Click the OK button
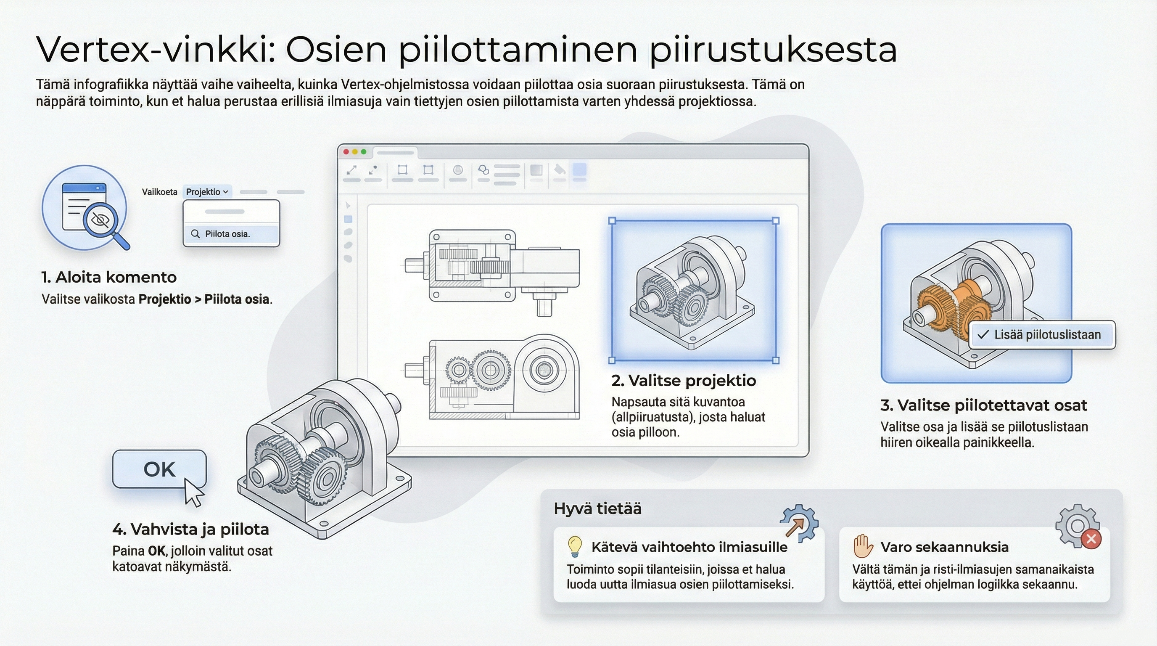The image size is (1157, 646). pyautogui.click(x=159, y=469)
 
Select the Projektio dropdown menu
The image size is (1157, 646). pyautogui.click(x=207, y=192)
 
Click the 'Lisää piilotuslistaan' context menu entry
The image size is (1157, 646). pyautogui.click(x=1041, y=335)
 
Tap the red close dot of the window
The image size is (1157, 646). pyautogui.click(x=346, y=152)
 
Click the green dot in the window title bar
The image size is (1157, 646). pyautogui.click(x=364, y=152)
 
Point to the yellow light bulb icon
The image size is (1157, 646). pyautogui.click(x=574, y=546)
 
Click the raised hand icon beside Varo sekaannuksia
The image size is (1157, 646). pyautogui.click(x=862, y=546)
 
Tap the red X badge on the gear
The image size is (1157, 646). pyautogui.click(x=1091, y=539)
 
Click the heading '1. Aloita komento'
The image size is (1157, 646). pyautogui.click(x=109, y=277)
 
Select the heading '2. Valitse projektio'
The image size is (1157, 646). pyautogui.click(x=683, y=381)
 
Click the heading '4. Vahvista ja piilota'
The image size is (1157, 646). pyautogui.click(x=190, y=529)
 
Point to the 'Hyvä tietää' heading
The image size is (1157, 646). pyautogui.click(x=597, y=508)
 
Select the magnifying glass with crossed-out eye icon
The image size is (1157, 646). pyautogui.click(x=103, y=222)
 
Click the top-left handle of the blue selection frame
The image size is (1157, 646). pyautogui.click(x=612, y=220)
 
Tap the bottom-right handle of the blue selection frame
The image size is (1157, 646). pyautogui.click(x=776, y=360)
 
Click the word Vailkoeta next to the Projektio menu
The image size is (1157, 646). pyautogui.click(x=159, y=192)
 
